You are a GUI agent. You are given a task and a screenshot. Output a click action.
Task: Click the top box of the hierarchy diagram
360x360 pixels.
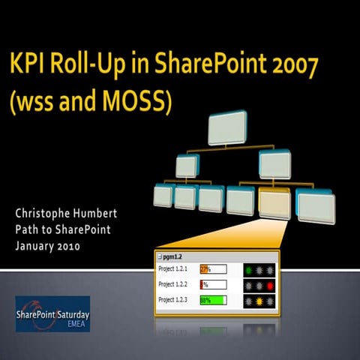pyautogui.click(x=225, y=128)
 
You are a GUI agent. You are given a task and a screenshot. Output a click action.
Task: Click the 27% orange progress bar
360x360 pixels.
pyautogui.click(x=203, y=268)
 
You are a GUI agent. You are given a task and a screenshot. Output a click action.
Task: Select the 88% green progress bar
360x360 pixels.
pyautogui.click(x=212, y=300)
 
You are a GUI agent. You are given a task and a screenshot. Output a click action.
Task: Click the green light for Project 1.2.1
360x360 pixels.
pyautogui.click(x=249, y=268)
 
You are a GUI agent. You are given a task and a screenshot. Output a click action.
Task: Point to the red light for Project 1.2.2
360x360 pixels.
pyautogui.click(x=269, y=284)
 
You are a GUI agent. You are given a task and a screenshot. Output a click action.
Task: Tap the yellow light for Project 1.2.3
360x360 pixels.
pyautogui.click(x=259, y=300)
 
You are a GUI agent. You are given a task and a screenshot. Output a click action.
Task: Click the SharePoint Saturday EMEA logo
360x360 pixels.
pyautogui.click(x=53, y=313)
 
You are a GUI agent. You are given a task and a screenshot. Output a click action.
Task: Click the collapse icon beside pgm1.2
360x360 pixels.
pyautogui.click(x=159, y=256)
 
